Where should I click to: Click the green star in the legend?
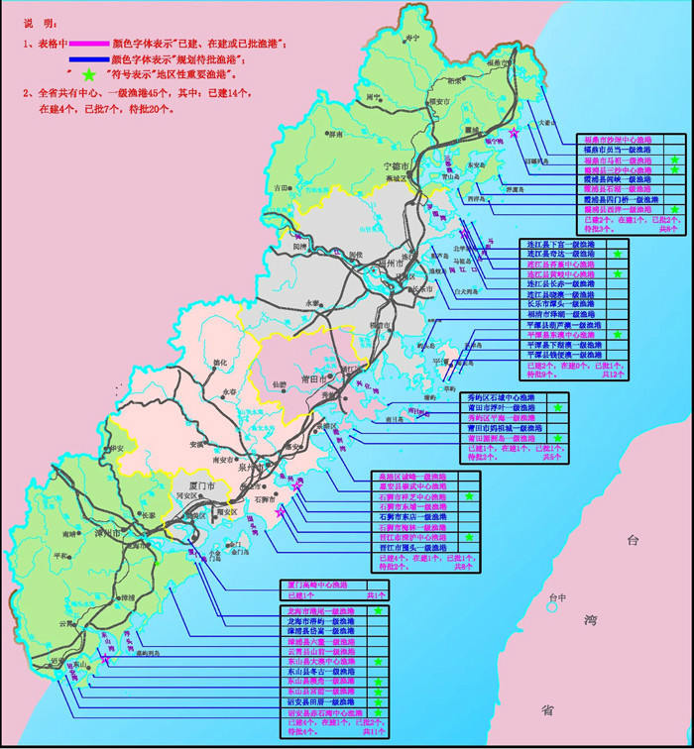pos(90,74)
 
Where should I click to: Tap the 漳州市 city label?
pos(134,533)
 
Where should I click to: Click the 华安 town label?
pos(117,449)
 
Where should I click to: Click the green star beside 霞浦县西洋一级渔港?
pos(675,210)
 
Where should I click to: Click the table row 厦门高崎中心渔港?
pos(319,586)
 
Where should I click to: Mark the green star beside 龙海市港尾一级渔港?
pos(379,611)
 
